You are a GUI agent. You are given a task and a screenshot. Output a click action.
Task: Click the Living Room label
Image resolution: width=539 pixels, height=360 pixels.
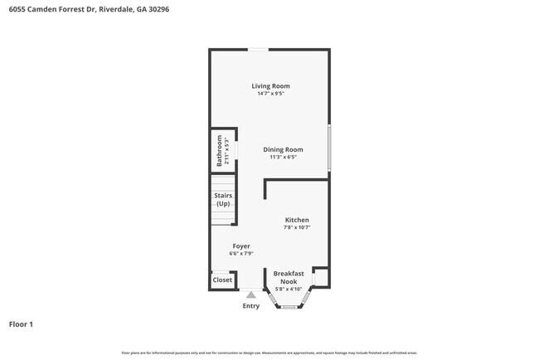(x=270, y=85)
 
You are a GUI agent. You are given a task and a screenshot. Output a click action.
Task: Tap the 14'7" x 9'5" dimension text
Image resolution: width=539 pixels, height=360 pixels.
(x=270, y=94)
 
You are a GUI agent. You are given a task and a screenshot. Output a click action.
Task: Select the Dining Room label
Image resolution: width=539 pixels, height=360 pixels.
(x=283, y=149)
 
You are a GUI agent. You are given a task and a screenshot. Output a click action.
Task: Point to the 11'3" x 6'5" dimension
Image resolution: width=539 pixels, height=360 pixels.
(x=283, y=157)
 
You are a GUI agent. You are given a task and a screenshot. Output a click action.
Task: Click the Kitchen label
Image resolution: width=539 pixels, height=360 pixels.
(x=297, y=220)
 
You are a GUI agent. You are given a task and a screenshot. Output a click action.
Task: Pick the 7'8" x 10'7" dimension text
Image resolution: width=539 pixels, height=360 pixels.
(x=297, y=227)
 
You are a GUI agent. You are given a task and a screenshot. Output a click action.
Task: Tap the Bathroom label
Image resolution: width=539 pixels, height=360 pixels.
(x=220, y=151)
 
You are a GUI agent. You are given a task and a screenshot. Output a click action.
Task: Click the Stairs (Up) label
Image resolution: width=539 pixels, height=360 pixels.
(x=223, y=200)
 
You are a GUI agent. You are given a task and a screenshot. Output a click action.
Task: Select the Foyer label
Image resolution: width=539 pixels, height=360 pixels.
(x=241, y=246)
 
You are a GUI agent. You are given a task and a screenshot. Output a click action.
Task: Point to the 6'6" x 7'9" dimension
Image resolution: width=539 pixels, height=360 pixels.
(x=241, y=254)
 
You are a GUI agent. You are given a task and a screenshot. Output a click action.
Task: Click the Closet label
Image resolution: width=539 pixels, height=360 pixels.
(x=222, y=280)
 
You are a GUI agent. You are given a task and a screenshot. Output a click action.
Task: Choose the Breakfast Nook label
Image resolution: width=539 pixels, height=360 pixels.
(x=289, y=277)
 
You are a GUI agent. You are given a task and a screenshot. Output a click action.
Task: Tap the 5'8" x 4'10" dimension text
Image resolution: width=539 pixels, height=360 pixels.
(x=289, y=289)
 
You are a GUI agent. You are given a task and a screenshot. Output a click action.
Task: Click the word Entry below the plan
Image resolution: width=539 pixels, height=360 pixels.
(x=250, y=306)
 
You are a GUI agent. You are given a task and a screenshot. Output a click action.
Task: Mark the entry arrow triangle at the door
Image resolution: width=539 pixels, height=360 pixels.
(x=251, y=294)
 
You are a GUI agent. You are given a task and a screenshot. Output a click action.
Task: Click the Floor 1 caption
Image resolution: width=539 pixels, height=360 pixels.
(x=21, y=324)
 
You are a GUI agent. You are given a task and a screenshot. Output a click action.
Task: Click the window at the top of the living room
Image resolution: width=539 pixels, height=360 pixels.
(x=258, y=49)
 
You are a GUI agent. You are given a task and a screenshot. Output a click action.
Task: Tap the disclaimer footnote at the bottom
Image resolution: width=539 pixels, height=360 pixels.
(x=269, y=353)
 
